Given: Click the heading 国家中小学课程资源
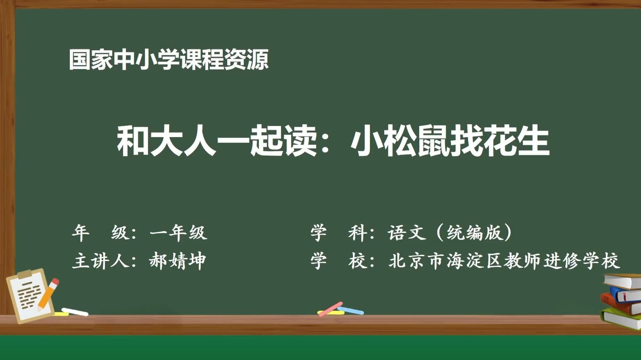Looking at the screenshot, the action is pyautogui.click(x=169, y=59).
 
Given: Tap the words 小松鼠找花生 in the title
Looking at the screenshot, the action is pyautogui.click(x=450, y=141).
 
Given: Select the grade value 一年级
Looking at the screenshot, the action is pyautogui.click(x=178, y=233).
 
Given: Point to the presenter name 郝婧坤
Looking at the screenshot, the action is pyautogui.click(x=178, y=261).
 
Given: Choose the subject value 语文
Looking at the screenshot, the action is pyautogui.click(x=407, y=233).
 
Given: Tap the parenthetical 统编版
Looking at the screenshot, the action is pyautogui.click(x=475, y=233).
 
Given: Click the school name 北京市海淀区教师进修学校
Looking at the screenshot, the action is pyautogui.click(x=504, y=261).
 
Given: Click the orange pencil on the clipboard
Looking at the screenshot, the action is pyautogui.click(x=48, y=294).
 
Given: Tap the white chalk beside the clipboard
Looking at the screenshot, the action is pyautogui.click(x=75, y=312).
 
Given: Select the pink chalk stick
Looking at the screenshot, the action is pyautogui.click(x=330, y=309).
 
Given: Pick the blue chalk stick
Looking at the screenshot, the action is pyautogui.click(x=351, y=310).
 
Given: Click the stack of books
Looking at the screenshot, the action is pyautogui.click(x=621, y=301).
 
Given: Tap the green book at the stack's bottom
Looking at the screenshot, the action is pyautogui.click(x=621, y=318).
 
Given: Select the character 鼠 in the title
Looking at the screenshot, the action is pyautogui.click(x=434, y=141).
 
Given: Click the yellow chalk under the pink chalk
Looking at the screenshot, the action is pyautogui.click(x=331, y=313).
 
